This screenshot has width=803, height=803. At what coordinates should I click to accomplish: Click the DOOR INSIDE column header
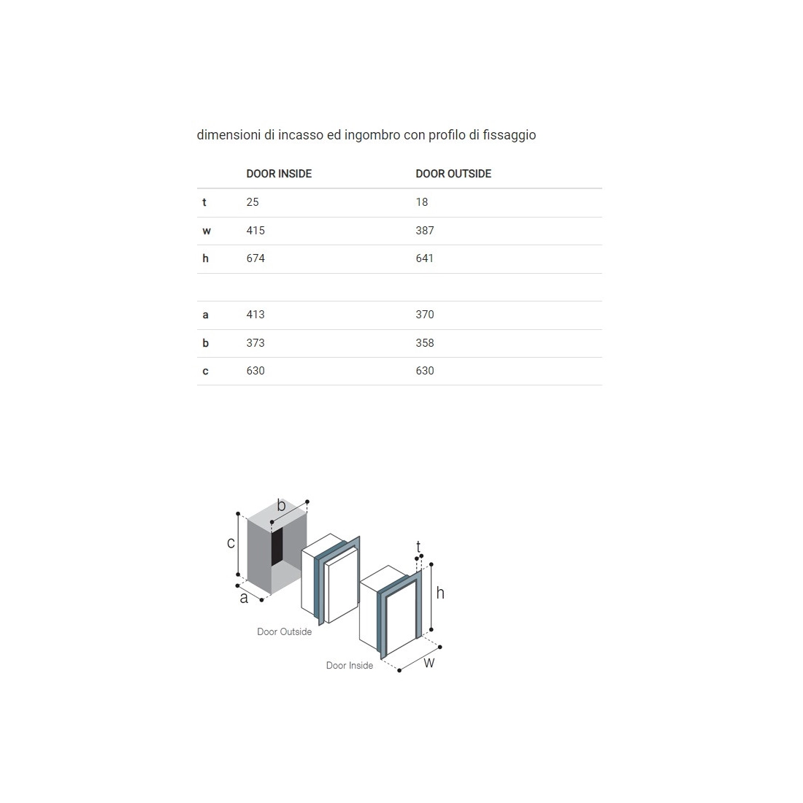pyautogui.click(x=279, y=174)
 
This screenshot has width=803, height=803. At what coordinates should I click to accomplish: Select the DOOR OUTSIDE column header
pyautogui.click(x=453, y=174)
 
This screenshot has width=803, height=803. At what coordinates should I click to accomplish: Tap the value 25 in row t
pyautogui.click(x=253, y=201)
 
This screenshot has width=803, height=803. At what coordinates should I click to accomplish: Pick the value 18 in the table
pyautogui.click(x=421, y=201)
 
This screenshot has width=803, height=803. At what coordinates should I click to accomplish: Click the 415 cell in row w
pyautogui.click(x=255, y=231)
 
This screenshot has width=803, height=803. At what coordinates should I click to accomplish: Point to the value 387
pyautogui.click(x=425, y=231)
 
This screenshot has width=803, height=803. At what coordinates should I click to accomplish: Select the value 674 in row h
pyautogui.click(x=255, y=258)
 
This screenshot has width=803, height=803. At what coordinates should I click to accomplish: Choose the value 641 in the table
pyautogui.click(x=425, y=258)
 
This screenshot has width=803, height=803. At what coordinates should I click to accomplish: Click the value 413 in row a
pyautogui.click(x=255, y=315)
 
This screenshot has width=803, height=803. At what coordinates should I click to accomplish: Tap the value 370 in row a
pyautogui.click(x=425, y=315)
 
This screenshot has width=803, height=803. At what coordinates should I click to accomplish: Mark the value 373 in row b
pyautogui.click(x=255, y=342)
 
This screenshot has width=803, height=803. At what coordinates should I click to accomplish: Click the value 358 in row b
pyautogui.click(x=425, y=342)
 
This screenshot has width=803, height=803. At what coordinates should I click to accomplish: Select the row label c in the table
pyautogui.click(x=205, y=372)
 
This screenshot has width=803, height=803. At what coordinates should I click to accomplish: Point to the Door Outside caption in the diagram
pyautogui.click(x=284, y=632)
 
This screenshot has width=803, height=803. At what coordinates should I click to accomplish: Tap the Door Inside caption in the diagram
pyautogui.click(x=349, y=665)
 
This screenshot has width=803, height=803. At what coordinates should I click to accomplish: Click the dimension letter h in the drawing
pyautogui.click(x=440, y=593)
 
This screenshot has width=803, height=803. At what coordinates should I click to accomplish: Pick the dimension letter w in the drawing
pyautogui.click(x=429, y=663)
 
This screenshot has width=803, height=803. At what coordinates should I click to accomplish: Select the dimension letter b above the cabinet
pyautogui.click(x=281, y=505)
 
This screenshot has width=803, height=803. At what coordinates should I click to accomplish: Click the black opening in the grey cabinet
pyautogui.click(x=277, y=546)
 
